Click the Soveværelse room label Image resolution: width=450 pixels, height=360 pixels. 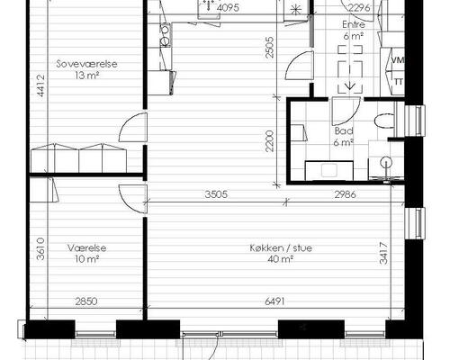[86, 64]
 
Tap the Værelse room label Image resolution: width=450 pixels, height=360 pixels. [86, 248]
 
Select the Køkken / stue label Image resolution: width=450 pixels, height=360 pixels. [281, 248]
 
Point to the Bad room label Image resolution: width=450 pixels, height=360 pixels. [344, 131]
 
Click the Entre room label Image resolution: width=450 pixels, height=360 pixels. [354, 24]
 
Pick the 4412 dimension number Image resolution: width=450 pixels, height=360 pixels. [40, 85]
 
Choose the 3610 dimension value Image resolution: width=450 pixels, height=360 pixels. [40, 249]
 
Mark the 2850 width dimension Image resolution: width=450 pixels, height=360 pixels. [86, 301]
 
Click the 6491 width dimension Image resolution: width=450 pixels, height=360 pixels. [274, 301]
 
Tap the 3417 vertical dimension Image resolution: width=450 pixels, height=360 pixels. [383, 253]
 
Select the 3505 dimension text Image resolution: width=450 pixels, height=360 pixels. [216, 194]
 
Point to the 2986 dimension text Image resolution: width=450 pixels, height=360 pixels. [346, 194]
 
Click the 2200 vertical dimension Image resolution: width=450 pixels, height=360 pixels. [270, 141]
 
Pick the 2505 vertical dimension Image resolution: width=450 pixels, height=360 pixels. [270, 48]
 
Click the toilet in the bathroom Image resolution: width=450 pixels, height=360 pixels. [384, 121]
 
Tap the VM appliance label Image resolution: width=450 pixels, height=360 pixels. [398, 60]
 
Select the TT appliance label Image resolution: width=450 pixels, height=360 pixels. [399, 82]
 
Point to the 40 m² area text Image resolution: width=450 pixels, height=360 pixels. [281, 259]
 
